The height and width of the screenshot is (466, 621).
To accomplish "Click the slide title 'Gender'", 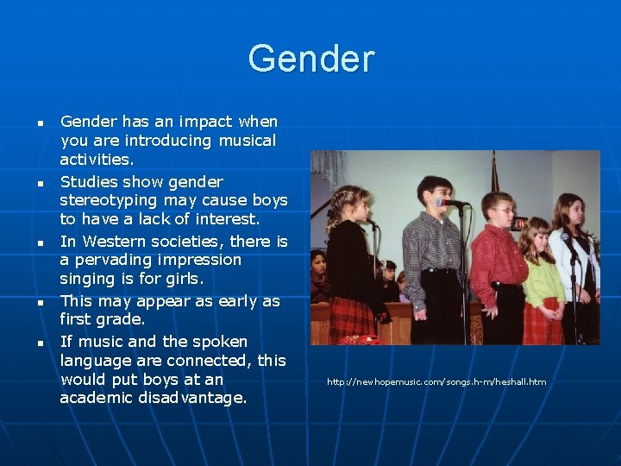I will (310, 60).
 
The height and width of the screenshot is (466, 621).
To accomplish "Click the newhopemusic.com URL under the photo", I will (436, 381).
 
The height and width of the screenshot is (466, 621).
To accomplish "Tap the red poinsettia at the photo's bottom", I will (362, 339).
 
